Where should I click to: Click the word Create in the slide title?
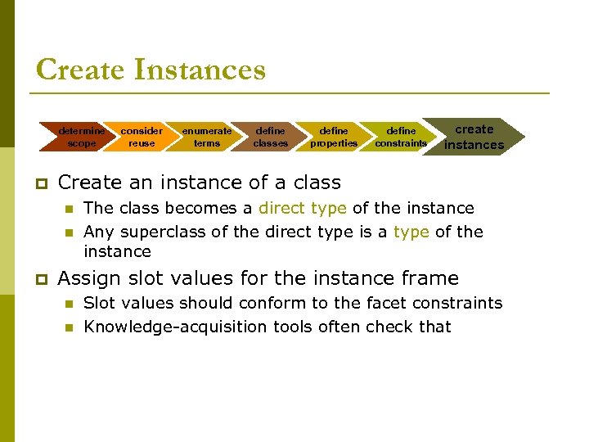coord(80,70)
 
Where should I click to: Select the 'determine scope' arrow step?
coord(81,137)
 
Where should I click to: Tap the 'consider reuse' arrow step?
coord(142,137)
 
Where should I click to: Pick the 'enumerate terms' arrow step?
coord(206,137)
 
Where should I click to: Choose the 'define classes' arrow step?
coord(270,137)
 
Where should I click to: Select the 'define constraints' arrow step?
coord(401,137)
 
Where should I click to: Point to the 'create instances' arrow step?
coord(474,137)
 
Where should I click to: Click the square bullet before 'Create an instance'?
coord(39,183)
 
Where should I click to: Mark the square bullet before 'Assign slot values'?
coord(39,279)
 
